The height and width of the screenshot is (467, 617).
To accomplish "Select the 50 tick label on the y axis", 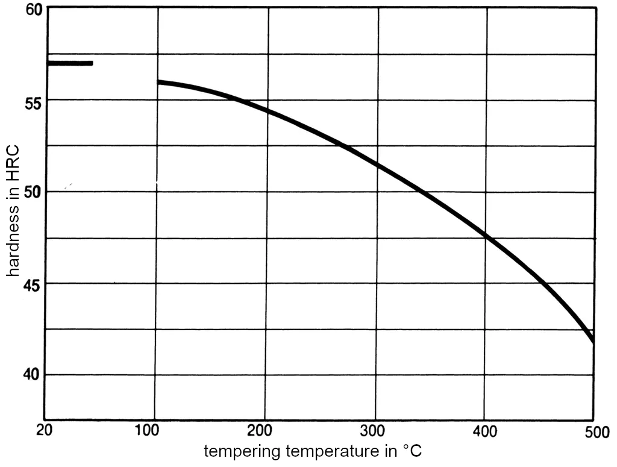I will pyautogui.click(x=27, y=192).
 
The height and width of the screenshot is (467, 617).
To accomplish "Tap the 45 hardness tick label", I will pyautogui.click(x=27, y=284).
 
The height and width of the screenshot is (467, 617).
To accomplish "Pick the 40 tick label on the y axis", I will pyautogui.click(x=27, y=375).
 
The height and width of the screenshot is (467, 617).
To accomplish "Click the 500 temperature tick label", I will pyautogui.click(x=593, y=431).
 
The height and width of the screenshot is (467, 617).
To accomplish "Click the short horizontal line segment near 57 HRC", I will pyautogui.click(x=70, y=63).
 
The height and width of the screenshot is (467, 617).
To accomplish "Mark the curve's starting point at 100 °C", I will pyautogui.click(x=158, y=82).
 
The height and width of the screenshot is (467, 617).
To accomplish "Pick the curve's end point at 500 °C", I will pyautogui.click(x=593, y=341).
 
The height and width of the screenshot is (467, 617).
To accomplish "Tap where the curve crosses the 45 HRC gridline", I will pyautogui.click(x=544, y=283).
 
